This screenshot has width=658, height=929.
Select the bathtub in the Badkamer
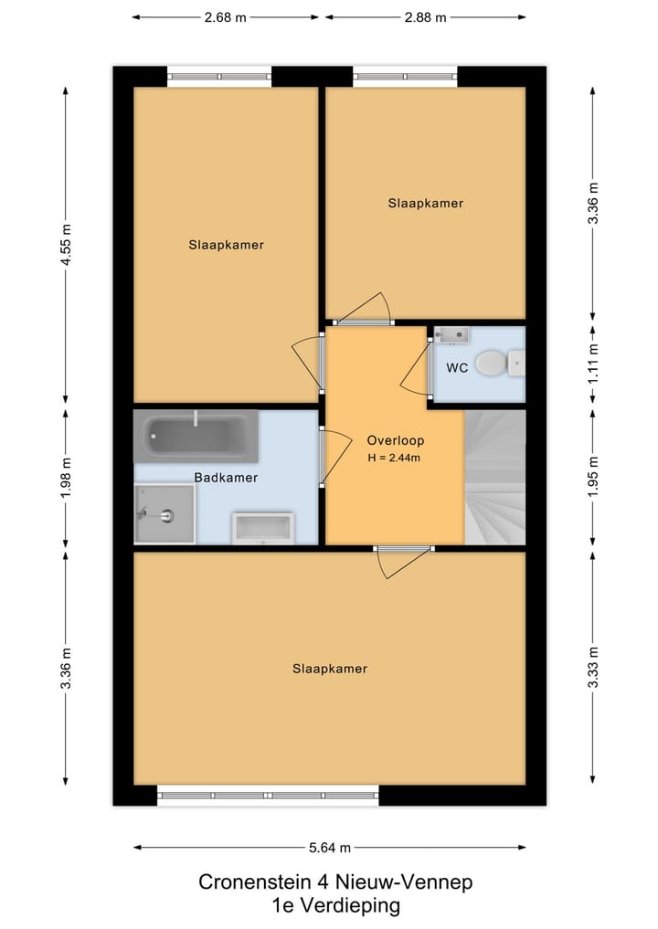[196, 436]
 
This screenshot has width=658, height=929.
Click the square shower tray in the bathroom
[164, 513]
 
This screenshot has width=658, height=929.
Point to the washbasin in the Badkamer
[263, 528]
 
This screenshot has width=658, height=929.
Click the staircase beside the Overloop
[495, 477]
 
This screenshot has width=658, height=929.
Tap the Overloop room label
[396, 440]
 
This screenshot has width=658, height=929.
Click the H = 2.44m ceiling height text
[394, 458]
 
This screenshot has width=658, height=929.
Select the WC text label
[457, 368]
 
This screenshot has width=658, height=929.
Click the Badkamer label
[226, 478]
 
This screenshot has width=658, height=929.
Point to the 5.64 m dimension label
[330, 848]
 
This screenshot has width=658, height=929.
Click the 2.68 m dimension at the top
[225, 17]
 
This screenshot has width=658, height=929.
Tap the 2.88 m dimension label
[426, 17]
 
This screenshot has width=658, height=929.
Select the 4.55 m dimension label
[66, 245]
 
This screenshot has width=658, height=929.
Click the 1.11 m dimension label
[593, 363]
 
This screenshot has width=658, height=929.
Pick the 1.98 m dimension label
[66, 478]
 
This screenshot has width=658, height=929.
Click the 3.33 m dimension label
[593, 667]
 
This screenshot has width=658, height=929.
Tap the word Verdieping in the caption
[350, 906]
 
